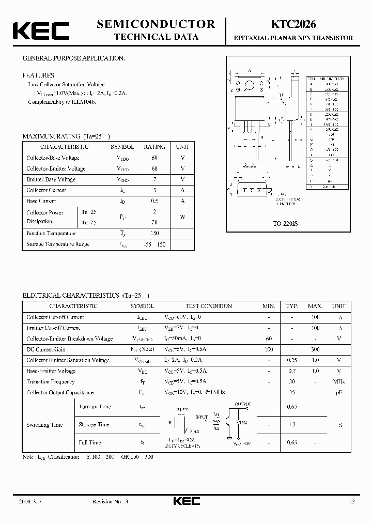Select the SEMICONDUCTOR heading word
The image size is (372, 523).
(156, 24)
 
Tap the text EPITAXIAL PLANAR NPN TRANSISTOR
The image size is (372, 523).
(293, 38)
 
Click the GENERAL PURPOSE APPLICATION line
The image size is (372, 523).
(73, 58)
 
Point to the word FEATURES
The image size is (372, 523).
(38, 75)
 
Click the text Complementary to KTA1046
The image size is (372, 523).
(62, 102)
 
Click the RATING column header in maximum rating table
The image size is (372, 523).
(154, 147)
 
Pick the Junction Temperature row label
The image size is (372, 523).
(51, 233)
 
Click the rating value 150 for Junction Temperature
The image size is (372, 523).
(154, 233)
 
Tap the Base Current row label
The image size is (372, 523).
(41, 201)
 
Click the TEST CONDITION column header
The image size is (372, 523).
(209, 306)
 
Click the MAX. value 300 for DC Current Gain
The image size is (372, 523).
(315, 349)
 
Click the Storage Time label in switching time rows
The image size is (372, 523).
(94, 424)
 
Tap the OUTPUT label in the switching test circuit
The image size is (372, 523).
(243, 404)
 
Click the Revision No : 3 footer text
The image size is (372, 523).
(110, 502)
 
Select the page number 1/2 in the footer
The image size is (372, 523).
(352, 502)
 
